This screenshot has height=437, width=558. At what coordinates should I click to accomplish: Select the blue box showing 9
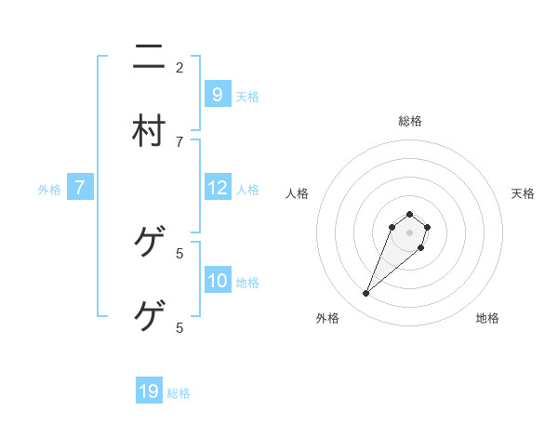point(217,94)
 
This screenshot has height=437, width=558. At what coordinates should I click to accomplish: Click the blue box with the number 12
point(217,188)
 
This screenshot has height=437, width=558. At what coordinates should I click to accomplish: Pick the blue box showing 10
point(217,281)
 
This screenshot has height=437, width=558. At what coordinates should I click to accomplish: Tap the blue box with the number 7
point(80,188)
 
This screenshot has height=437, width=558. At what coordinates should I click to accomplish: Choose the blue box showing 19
point(149,391)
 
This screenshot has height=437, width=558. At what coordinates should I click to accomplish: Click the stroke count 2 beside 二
point(179,67)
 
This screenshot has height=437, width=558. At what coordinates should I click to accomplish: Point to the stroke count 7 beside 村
point(179,141)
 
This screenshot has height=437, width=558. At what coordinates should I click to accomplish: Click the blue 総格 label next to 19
point(179,393)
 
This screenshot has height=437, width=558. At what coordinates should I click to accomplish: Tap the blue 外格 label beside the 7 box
point(49,190)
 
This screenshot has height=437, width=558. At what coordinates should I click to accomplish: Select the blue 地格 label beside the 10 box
point(247,283)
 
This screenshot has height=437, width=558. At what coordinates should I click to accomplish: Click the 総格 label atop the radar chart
point(409,121)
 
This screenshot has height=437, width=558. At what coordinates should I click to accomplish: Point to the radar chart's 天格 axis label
point(523,193)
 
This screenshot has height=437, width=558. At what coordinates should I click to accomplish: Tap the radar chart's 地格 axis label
point(487,318)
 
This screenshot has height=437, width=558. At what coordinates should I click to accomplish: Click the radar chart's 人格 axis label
point(298,193)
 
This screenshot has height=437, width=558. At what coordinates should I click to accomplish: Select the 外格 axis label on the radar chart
point(327,318)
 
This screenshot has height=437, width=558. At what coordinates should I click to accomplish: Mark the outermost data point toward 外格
point(365,294)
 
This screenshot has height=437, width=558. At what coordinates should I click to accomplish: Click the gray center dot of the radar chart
point(409,232)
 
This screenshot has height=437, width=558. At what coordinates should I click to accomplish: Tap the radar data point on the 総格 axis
point(409,213)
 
